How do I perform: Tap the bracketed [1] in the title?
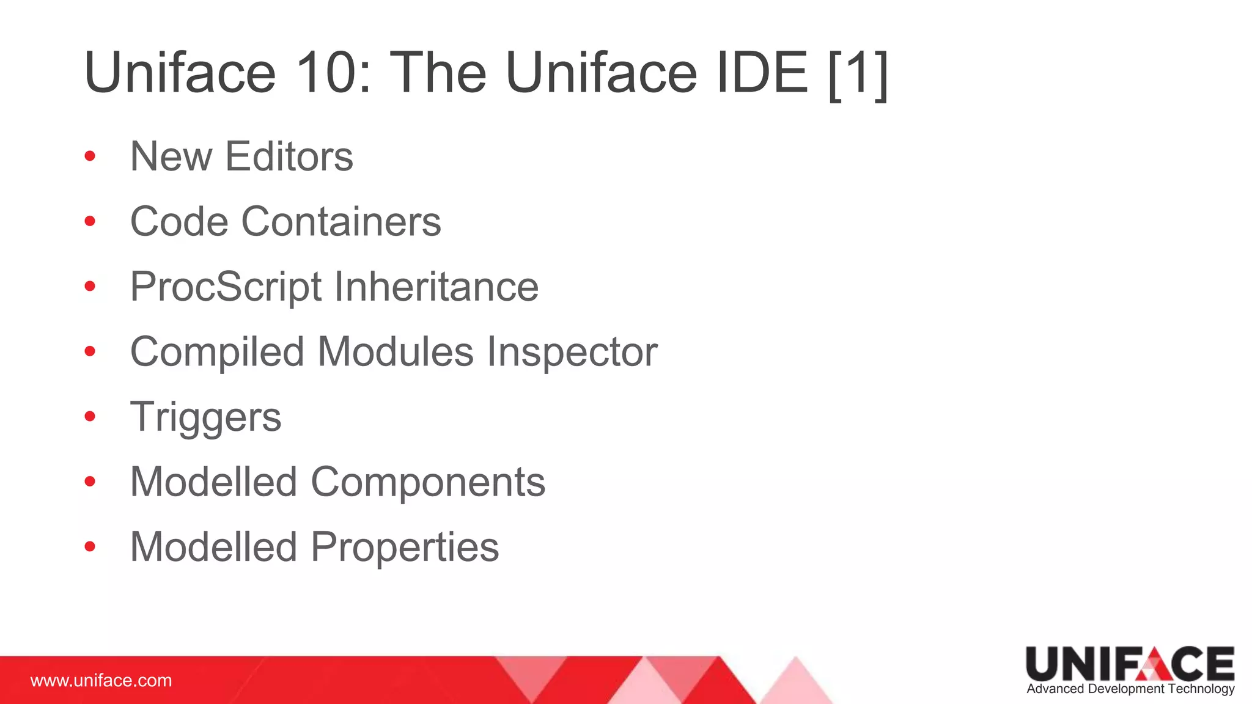(857, 74)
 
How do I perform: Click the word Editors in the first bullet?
(289, 156)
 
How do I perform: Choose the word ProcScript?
(226, 287)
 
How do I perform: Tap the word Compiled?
(217, 353)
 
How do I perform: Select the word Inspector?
(572, 352)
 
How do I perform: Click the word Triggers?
(205, 418)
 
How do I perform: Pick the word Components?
(428, 482)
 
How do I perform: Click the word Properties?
(405, 547)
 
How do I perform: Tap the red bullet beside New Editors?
(90, 156)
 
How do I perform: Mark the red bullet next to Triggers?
(90, 417)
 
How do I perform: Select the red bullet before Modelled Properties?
(90, 546)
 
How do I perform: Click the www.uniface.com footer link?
(101, 681)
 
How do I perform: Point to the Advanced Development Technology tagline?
(1130, 689)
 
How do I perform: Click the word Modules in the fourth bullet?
(396, 352)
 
